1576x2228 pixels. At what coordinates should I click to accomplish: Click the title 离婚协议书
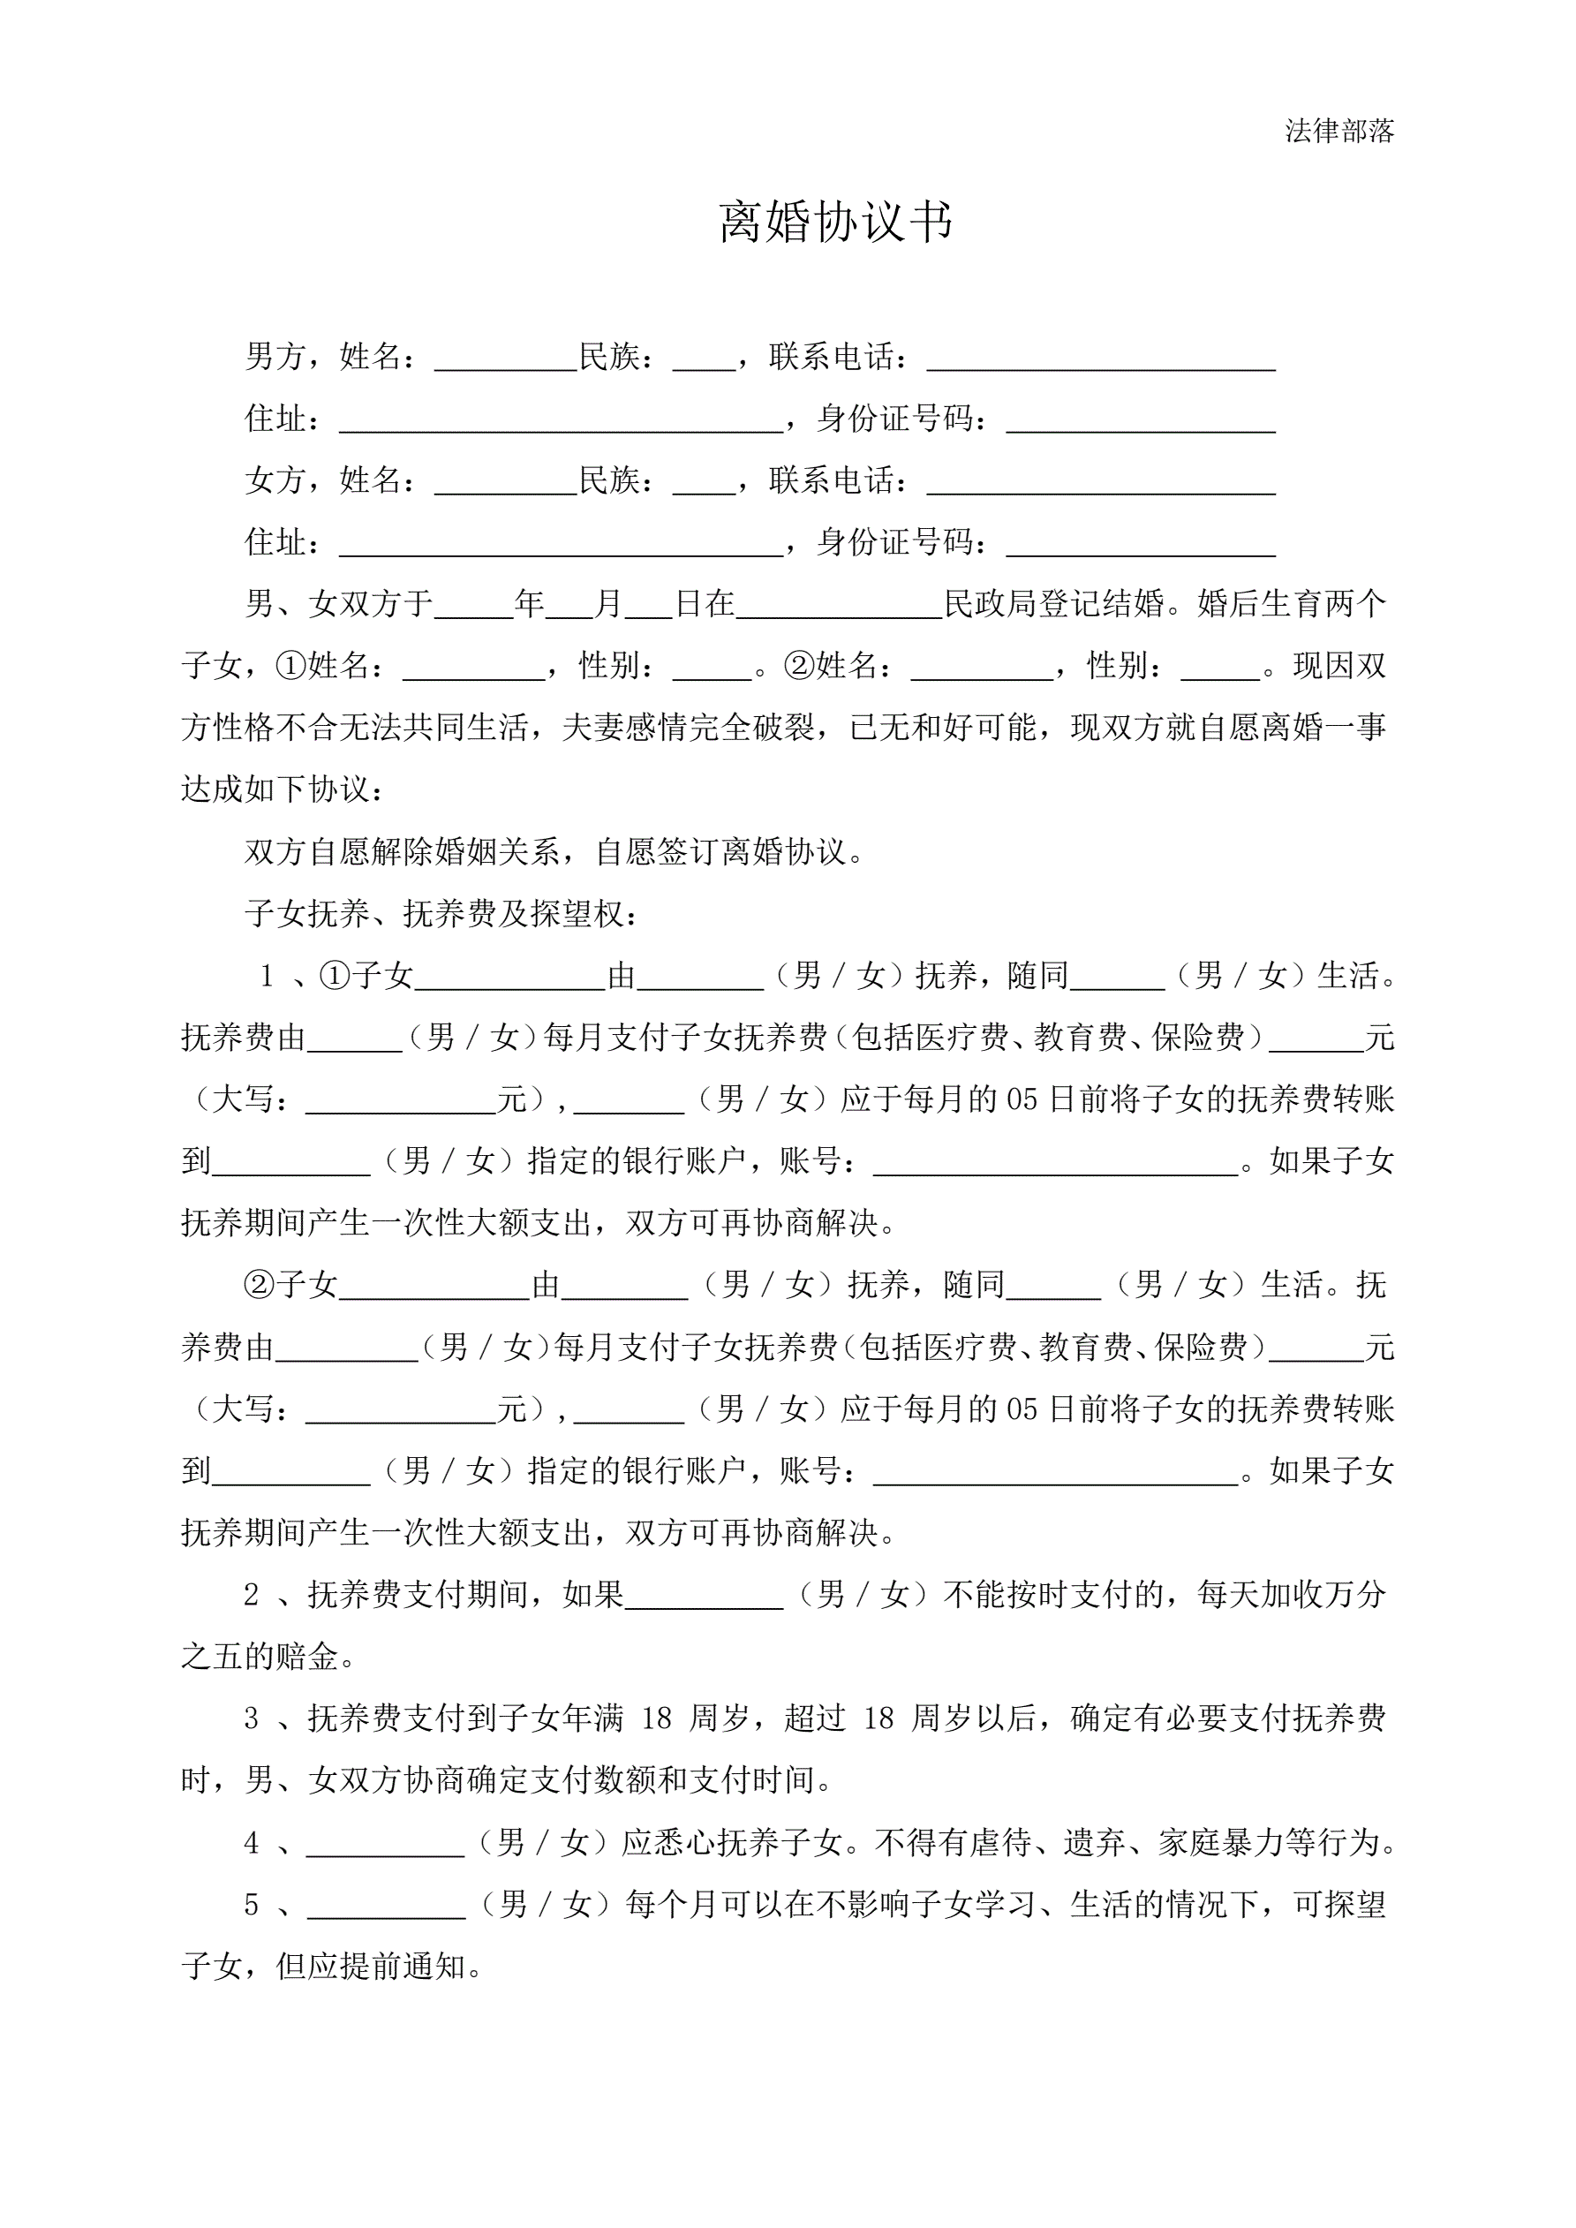click(x=835, y=223)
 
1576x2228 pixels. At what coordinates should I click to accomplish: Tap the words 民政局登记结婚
click(x=1054, y=605)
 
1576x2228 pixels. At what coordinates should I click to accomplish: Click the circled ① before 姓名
click(x=291, y=667)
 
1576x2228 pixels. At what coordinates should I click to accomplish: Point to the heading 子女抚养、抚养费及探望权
click(x=441, y=914)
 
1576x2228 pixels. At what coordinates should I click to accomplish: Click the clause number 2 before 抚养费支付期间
click(x=252, y=1596)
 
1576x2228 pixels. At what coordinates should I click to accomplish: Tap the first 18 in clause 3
click(x=656, y=1719)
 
